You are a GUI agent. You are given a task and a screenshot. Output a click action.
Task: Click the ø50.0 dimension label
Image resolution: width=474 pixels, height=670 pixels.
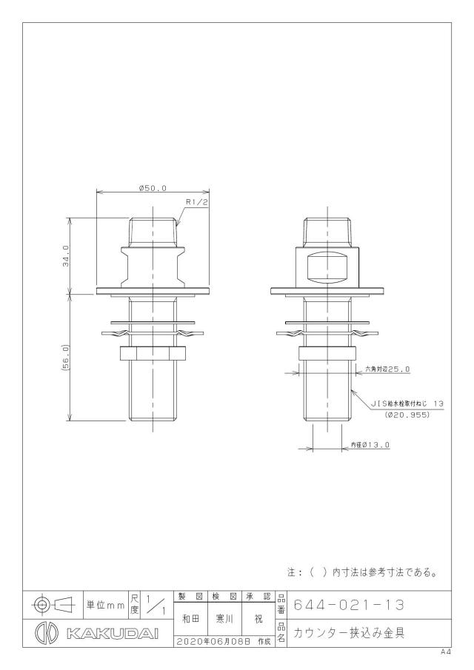pyautogui.click(x=153, y=187)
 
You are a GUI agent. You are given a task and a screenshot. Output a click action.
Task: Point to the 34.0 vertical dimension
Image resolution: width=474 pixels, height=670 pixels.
pyautogui.click(x=66, y=256)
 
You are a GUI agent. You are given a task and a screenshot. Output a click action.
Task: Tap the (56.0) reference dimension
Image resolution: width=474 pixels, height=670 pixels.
pyautogui.click(x=66, y=358)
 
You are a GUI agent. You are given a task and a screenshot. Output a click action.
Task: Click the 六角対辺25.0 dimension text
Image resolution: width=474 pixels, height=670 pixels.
pyautogui.click(x=387, y=369)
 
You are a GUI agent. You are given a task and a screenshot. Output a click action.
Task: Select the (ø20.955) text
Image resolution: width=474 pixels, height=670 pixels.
pyautogui.click(x=406, y=415)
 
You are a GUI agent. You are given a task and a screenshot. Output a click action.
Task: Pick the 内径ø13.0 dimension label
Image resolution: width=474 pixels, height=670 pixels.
pyautogui.click(x=370, y=445)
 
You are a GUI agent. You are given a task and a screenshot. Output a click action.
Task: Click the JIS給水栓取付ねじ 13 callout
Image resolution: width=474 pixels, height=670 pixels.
pyautogui.click(x=407, y=403)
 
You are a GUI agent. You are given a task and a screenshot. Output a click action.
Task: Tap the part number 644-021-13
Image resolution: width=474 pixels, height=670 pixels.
pyautogui.click(x=348, y=605)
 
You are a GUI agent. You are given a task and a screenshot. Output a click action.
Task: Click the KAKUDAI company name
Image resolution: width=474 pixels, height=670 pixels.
pyautogui.click(x=113, y=634)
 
